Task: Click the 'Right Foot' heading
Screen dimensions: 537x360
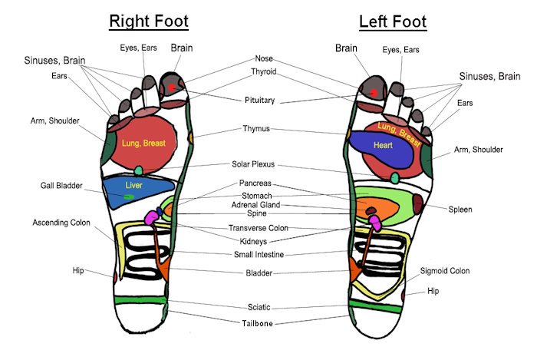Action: tap(149, 21)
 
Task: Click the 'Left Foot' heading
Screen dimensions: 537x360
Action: tap(393, 22)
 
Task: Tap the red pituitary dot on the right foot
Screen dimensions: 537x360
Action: tap(172, 88)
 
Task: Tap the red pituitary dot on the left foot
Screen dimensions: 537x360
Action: tap(374, 93)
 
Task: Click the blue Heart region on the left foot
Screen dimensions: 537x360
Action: tap(382, 149)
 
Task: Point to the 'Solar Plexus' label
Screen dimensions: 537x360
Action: tap(253, 164)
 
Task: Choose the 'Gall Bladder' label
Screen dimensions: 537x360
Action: tap(61, 186)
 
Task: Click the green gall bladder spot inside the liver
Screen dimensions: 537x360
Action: tap(129, 197)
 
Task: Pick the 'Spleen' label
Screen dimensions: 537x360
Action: tap(460, 210)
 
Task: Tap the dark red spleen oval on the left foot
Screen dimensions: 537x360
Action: tap(417, 204)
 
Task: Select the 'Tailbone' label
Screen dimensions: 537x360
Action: tap(257, 323)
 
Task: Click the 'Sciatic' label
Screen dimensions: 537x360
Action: tap(259, 307)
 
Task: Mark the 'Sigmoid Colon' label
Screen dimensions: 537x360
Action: tap(445, 271)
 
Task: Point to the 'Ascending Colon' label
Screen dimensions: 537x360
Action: tap(61, 223)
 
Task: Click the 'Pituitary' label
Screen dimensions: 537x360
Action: tap(259, 101)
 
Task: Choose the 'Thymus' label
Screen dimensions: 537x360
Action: tap(256, 129)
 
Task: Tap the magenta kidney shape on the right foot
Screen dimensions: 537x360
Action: tap(152, 218)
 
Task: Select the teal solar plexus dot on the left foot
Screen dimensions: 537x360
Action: tap(394, 178)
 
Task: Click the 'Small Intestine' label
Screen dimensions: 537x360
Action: tap(259, 255)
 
